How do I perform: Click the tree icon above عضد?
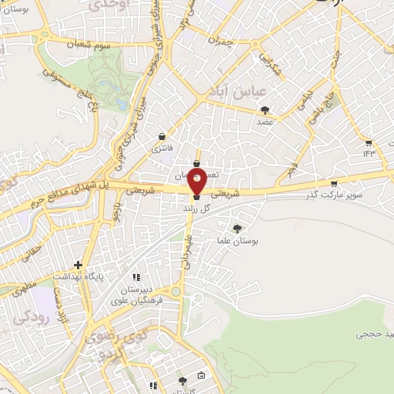point(265,109)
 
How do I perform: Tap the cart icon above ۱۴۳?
point(369,143)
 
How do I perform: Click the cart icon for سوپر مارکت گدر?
point(333,183)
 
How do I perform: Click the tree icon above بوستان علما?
point(237,228)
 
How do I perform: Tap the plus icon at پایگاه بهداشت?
point(77,264)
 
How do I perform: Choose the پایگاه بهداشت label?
point(77,275)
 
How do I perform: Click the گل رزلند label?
point(196,209)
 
